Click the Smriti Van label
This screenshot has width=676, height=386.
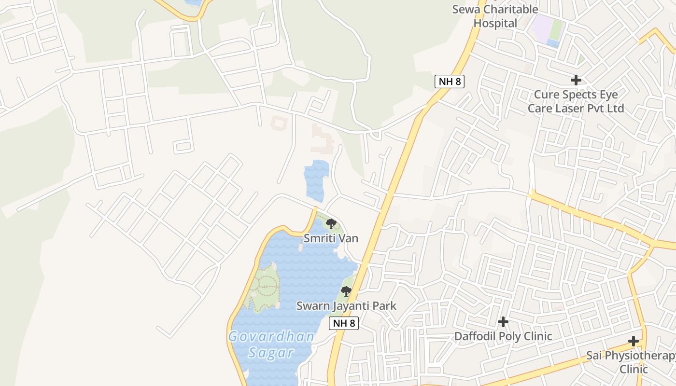331,238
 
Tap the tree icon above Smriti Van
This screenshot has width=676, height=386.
331,223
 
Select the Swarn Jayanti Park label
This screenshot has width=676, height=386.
346,305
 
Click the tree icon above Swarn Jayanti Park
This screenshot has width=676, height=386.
346,291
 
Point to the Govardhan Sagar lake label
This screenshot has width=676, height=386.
271,344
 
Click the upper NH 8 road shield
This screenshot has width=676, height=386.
449,81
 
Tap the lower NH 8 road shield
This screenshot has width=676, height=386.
344,323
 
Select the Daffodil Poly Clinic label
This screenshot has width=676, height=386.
503,336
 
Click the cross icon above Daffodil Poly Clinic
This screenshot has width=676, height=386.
503,321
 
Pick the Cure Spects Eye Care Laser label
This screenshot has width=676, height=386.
576,101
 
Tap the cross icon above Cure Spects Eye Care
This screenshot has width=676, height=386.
576,80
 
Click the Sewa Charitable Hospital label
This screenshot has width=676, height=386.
495,16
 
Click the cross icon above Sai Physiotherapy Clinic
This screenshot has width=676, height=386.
634,341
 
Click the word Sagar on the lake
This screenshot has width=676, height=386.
271,352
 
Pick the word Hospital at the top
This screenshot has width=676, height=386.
495,23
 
